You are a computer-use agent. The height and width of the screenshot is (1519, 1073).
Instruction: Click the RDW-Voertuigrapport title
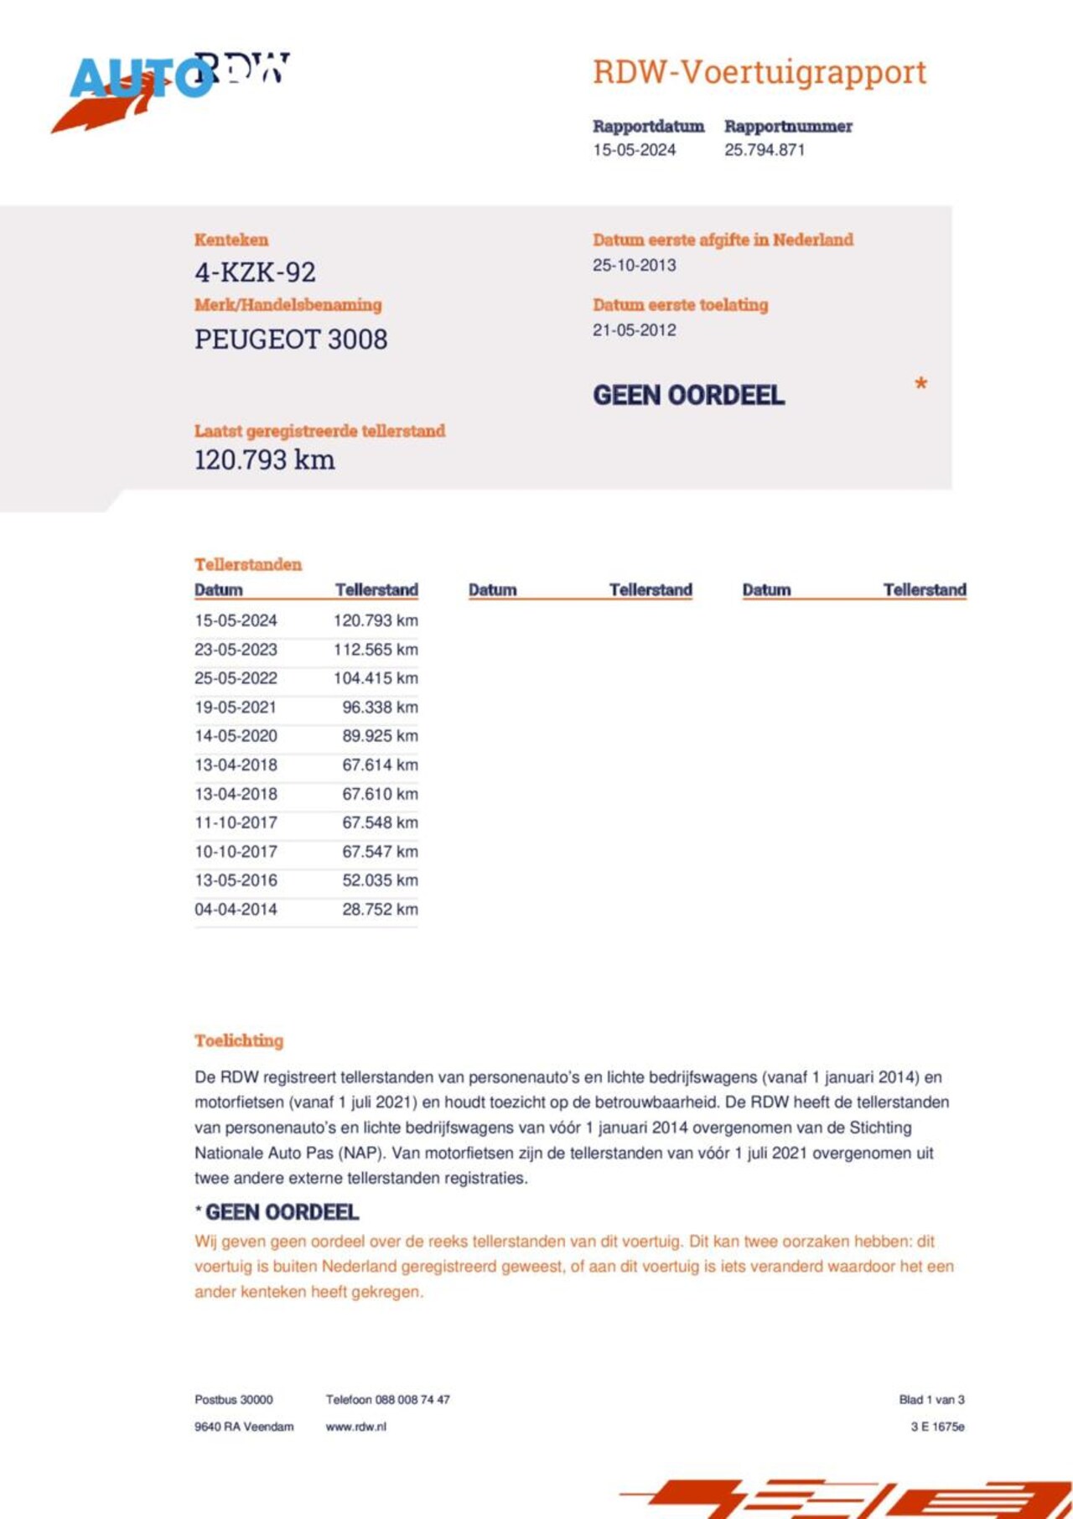pyautogui.click(x=759, y=72)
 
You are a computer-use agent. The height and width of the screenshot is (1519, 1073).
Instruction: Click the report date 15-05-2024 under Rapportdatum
pyautogui.click(x=634, y=150)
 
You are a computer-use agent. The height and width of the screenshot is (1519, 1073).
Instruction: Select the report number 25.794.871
pyautogui.click(x=765, y=150)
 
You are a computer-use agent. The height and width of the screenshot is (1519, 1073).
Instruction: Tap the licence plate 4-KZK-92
pyautogui.click(x=255, y=272)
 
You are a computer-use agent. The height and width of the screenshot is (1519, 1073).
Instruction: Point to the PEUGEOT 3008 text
pyautogui.click(x=291, y=340)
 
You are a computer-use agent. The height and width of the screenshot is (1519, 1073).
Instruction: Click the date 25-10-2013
pyautogui.click(x=634, y=265)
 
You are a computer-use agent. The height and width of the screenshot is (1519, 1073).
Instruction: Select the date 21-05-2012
pyautogui.click(x=634, y=330)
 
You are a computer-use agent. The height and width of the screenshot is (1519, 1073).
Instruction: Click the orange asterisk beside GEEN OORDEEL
pyautogui.click(x=920, y=384)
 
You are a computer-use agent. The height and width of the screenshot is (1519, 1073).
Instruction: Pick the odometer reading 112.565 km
pyautogui.click(x=376, y=650)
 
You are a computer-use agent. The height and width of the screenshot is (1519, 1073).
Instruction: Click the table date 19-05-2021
pyautogui.click(x=236, y=708)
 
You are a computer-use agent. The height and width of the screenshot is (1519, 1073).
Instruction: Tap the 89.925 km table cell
pyautogui.click(x=380, y=736)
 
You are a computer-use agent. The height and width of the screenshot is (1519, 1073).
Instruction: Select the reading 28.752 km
pyautogui.click(x=380, y=910)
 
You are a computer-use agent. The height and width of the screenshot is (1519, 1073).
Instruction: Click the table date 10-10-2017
pyautogui.click(x=236, y=852)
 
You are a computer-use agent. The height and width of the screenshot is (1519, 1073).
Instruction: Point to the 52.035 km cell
pyautogui.click(x=380, y=880)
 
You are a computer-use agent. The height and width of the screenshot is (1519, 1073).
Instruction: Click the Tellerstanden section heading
pyautogui.click(x=248, y=564)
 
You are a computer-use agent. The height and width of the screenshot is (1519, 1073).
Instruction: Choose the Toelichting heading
pyautogui.click(x=239, y=1040)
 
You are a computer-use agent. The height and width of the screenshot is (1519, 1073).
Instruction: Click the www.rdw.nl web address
pyautogui.click(x=355, y=1426)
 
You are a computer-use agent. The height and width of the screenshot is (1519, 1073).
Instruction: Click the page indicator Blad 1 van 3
pyautogui.click(x=931, y=1399)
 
